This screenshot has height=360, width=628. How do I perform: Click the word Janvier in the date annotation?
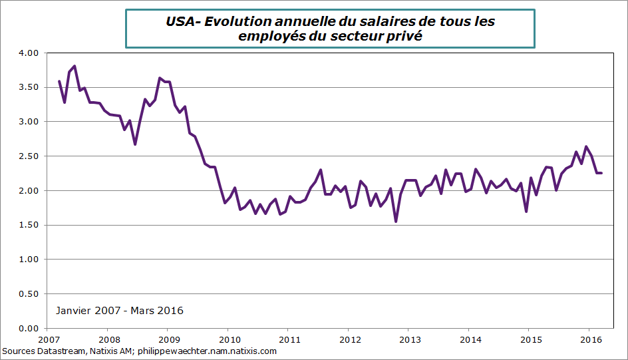coord(75,311)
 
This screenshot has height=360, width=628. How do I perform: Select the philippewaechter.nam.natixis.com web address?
coord(206,351)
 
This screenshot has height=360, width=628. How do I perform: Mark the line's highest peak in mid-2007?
coord(75,66)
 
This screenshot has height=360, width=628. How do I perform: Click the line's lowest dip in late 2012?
coord(396,222)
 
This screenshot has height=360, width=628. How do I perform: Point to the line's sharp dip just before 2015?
coord(526,212)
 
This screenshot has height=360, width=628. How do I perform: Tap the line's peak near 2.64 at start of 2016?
coord(586,146)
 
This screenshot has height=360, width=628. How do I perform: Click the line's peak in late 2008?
coord(160,78)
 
